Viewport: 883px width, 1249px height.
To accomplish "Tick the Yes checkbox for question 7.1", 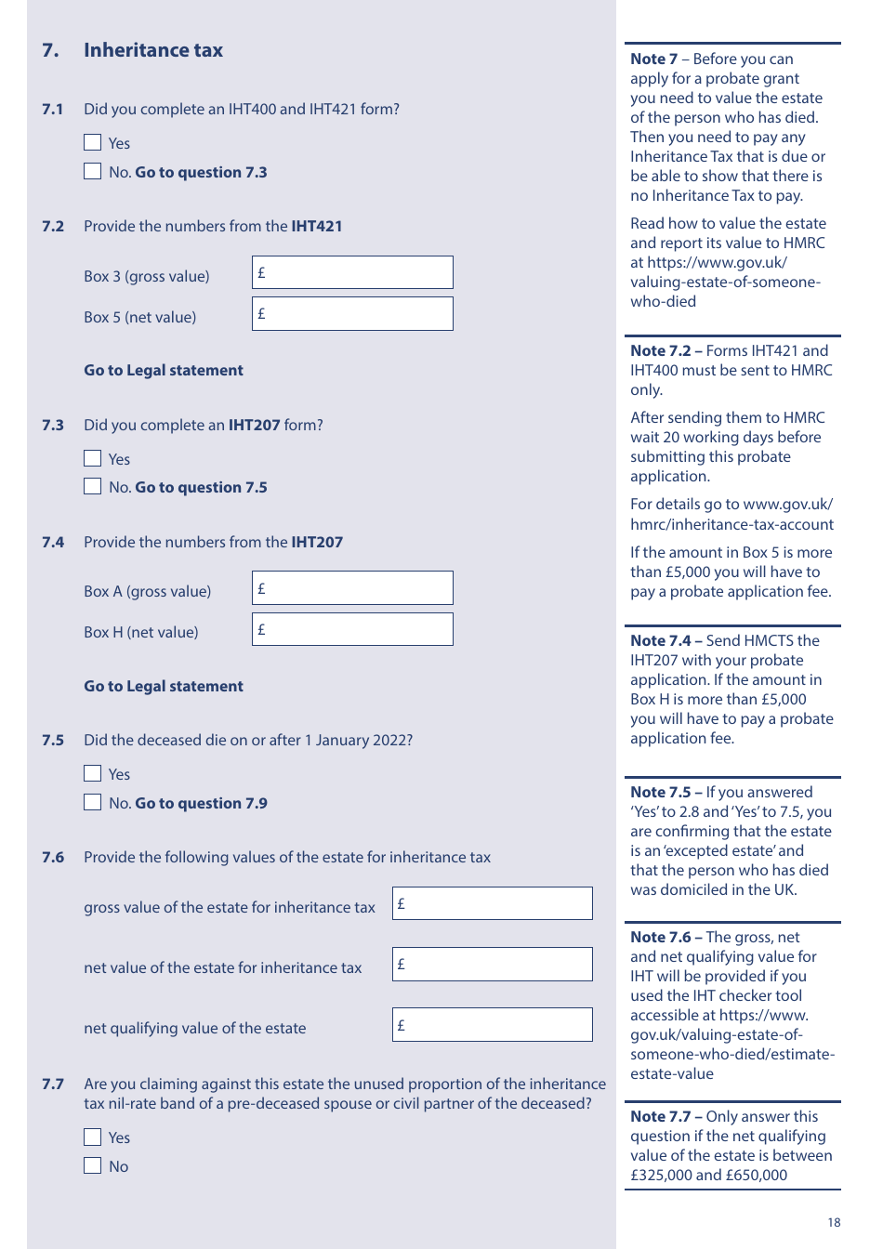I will tap(92, 142).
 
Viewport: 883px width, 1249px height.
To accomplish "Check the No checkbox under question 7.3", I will tap(92, 486).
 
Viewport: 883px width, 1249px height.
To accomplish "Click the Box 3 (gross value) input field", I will tap(352, 272).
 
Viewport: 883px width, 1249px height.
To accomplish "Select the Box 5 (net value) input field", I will tap(352, 314).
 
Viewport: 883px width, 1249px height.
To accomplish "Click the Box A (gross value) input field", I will tap(352, 588).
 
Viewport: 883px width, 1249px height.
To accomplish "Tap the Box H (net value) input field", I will tap(352, 629).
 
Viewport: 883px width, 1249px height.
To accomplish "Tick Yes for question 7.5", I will tap(92, 773).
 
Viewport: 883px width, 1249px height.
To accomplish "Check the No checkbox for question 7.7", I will tap(92, 1165).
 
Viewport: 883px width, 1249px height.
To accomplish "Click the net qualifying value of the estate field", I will tap(492, 1025).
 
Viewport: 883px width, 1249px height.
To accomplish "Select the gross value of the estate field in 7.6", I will tap(492, 903).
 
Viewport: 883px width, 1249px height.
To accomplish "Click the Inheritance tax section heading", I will tap(153, 50).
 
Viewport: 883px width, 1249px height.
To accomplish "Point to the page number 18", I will tap(834, 1223).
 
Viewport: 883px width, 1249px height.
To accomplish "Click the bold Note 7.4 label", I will tap(661, 640).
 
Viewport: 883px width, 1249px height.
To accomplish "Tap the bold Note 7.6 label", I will tap(661, 937).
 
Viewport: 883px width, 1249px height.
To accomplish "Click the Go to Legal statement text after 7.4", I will tap(164, 686).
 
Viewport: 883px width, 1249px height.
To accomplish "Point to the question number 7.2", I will tap(53, 226).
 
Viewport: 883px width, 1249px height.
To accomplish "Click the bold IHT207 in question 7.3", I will tap(254, 425).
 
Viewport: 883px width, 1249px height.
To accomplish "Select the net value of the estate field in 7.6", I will tap(492, 965).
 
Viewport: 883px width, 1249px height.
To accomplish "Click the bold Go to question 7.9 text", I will tap(201, 803).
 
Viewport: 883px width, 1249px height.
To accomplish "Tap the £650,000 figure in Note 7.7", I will tap(757, 1175).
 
